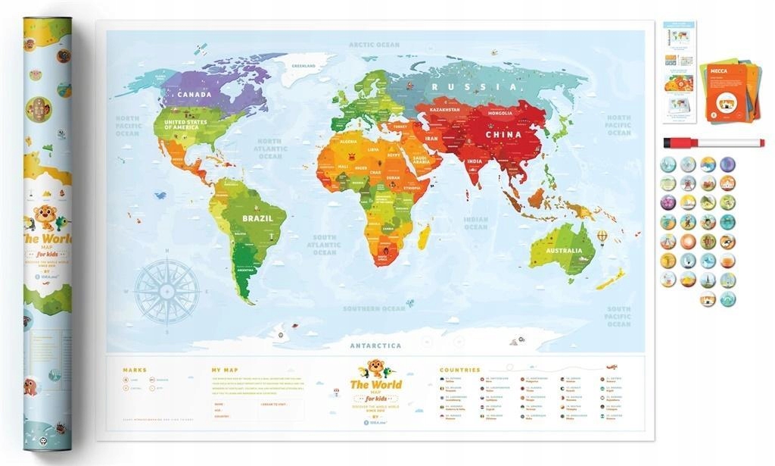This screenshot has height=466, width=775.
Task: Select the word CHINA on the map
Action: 503,135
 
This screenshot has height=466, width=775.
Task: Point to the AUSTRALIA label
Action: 565,251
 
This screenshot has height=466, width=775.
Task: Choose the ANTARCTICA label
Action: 375,346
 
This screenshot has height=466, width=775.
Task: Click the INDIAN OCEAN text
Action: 476,223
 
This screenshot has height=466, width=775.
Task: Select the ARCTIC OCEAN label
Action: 374,45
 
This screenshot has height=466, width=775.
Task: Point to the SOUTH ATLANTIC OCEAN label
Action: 325,245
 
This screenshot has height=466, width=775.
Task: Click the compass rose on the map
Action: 167,289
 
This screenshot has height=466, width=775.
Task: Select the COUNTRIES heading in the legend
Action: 459,371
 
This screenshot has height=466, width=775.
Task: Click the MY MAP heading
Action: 225,371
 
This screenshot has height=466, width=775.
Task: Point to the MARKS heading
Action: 135,371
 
